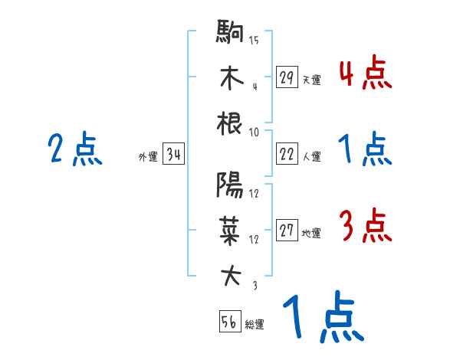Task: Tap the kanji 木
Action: click(230, 80)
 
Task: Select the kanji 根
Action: click(230, 123)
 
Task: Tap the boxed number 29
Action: click(287, 77)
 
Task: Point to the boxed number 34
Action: click(174, 155)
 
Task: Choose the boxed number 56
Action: click(229, 322)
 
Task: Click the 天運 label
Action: click(311, 80)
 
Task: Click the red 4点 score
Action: click(365, 74)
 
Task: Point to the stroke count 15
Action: click(254, 41)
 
